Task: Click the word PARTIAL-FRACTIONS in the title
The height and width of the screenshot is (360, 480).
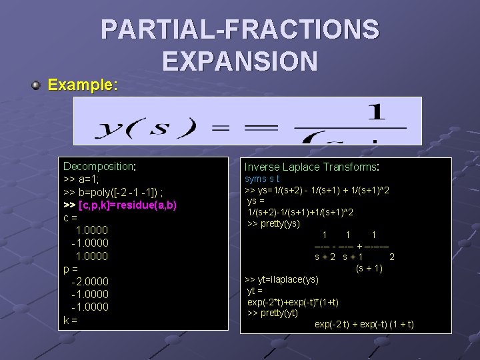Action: pos(240,30)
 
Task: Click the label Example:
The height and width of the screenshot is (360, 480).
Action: pos(83,86)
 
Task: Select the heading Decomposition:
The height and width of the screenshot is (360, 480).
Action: pos(99,166)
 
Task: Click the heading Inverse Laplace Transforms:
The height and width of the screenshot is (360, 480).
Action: pos(312,167)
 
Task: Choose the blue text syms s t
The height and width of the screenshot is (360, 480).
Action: pos(262,179)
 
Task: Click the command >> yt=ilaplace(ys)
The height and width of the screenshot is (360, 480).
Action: pos(282,279)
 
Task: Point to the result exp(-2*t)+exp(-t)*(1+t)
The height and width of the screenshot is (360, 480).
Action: pos(293,302)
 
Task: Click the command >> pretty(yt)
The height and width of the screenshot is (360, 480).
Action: pos(273,313)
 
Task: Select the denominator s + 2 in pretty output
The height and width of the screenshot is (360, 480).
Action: pos(325,257)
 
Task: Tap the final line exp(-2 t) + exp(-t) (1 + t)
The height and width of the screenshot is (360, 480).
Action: pos(364,325)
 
